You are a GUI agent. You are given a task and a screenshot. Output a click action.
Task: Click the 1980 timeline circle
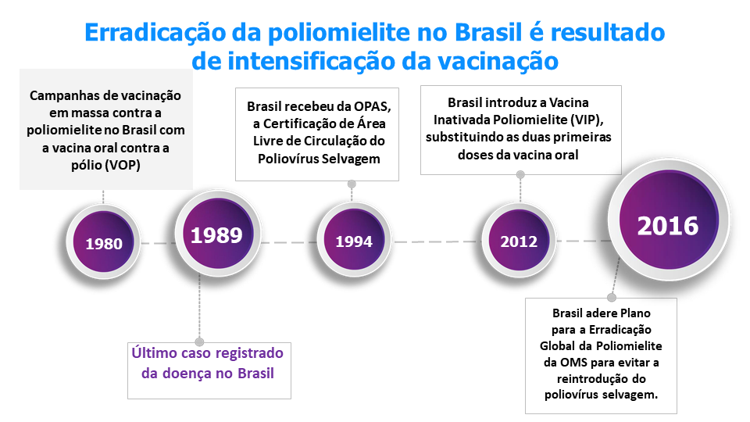pyautogui.click(x=103, y=242)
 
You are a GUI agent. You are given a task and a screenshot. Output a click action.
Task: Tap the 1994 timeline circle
pyautogui.click(x=354, y=241)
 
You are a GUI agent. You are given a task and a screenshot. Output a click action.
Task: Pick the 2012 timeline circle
pyautogui.click(x=519, y=241)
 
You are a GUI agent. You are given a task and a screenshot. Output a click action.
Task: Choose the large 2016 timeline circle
pyautogui.click(x=669, y=220)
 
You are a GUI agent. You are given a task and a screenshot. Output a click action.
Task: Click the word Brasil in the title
pyautogui.click(x=487, y=33)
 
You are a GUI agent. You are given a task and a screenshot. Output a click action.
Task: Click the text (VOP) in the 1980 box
pyautogui.click(x=124, y=166)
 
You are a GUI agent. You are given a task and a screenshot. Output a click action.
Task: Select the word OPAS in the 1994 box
pyautogui.click(x=373, y=107)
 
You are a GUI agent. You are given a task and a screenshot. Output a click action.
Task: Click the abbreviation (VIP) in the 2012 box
pyautogui.click(x=587, y=120)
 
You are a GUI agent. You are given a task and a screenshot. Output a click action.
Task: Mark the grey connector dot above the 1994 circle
pyautogui.click(x=352, y=184)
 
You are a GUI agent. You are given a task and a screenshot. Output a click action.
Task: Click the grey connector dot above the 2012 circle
pyautogui.click(x=520, y=175)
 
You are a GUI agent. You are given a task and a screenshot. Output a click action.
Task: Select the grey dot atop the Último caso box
pyautogui.click(x=199, y=342)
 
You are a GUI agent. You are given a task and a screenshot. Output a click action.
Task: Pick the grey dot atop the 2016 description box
pyautogui.click(x=611, y=298)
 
